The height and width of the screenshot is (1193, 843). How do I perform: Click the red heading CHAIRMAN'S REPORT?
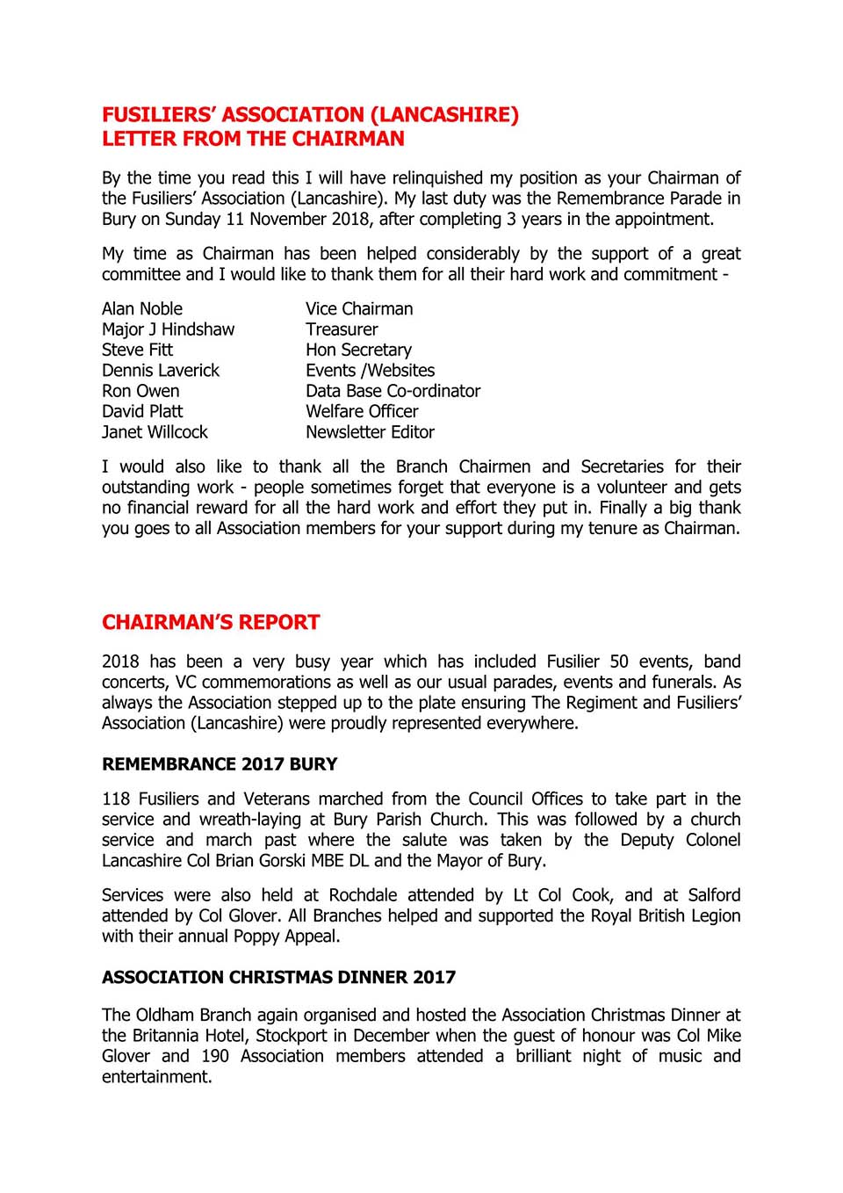click(211, 623)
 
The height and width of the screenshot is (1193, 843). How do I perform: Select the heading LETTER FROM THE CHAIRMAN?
click(253, 139)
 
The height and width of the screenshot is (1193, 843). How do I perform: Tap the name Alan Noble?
click(142, 309)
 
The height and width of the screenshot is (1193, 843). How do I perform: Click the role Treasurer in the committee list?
click(342, 329)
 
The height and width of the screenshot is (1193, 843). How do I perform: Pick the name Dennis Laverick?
click(161, 371)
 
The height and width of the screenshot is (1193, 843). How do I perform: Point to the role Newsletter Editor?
click(370, 432)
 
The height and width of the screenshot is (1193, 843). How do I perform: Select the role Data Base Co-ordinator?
click(393, 391)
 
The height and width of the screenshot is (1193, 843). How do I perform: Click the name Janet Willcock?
click(155, 432)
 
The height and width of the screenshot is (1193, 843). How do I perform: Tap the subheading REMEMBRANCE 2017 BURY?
click(220, 764)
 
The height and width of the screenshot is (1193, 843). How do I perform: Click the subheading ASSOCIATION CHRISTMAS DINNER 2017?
click(278, 977)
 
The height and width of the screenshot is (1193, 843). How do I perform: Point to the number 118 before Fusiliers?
click(116, 799)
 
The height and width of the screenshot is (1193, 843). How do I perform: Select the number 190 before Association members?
click(215, 1056)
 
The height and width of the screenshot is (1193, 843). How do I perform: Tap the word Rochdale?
click(363, 895)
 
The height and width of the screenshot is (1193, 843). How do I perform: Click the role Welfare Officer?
click(362, 411)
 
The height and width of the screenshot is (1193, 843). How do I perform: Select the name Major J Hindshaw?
click(168, 329)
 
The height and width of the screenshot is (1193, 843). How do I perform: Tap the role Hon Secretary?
click(358, 350)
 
